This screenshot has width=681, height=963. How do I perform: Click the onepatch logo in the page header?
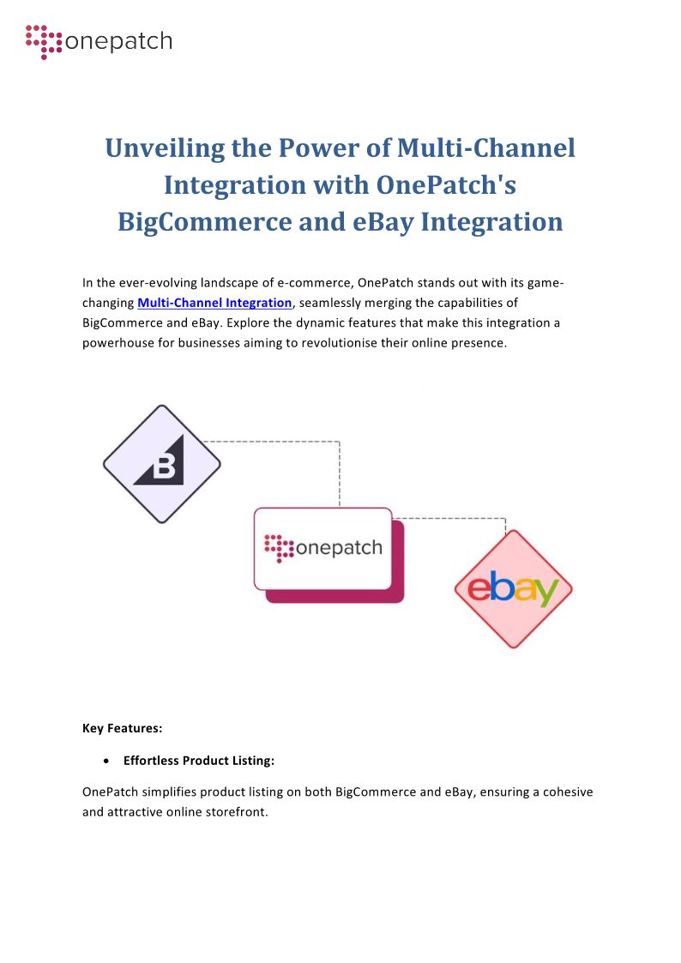tap(99, 41)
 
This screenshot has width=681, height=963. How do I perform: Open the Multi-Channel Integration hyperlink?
tap(214, 303)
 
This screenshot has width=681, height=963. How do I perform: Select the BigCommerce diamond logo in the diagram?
tap(162, 465)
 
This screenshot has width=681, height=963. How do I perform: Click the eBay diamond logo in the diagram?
tap(513, 589)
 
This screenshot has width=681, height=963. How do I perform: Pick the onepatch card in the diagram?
tap(323, 548)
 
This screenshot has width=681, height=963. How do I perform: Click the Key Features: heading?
tap(123, 728)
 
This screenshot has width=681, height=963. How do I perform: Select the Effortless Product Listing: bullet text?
tap(198, 761)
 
